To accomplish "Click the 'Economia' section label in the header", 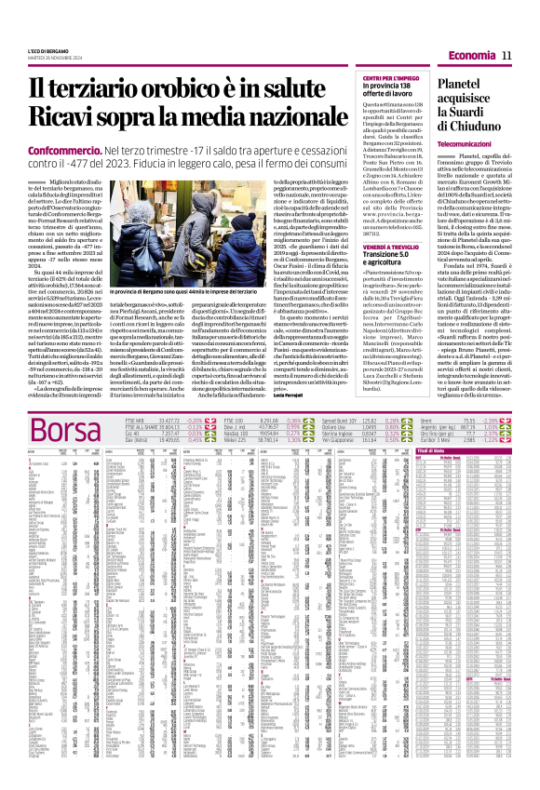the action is pos(470,57).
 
